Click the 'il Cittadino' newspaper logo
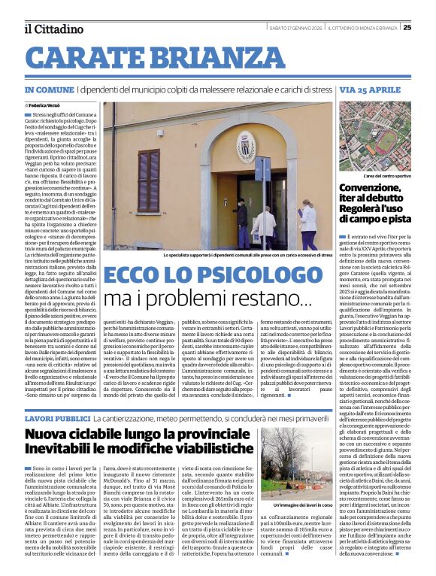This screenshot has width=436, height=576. point(53,29)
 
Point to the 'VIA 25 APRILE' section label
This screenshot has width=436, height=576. point(369,89)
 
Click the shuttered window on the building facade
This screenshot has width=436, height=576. point(148,180)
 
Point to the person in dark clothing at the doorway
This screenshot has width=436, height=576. point(241,223)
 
